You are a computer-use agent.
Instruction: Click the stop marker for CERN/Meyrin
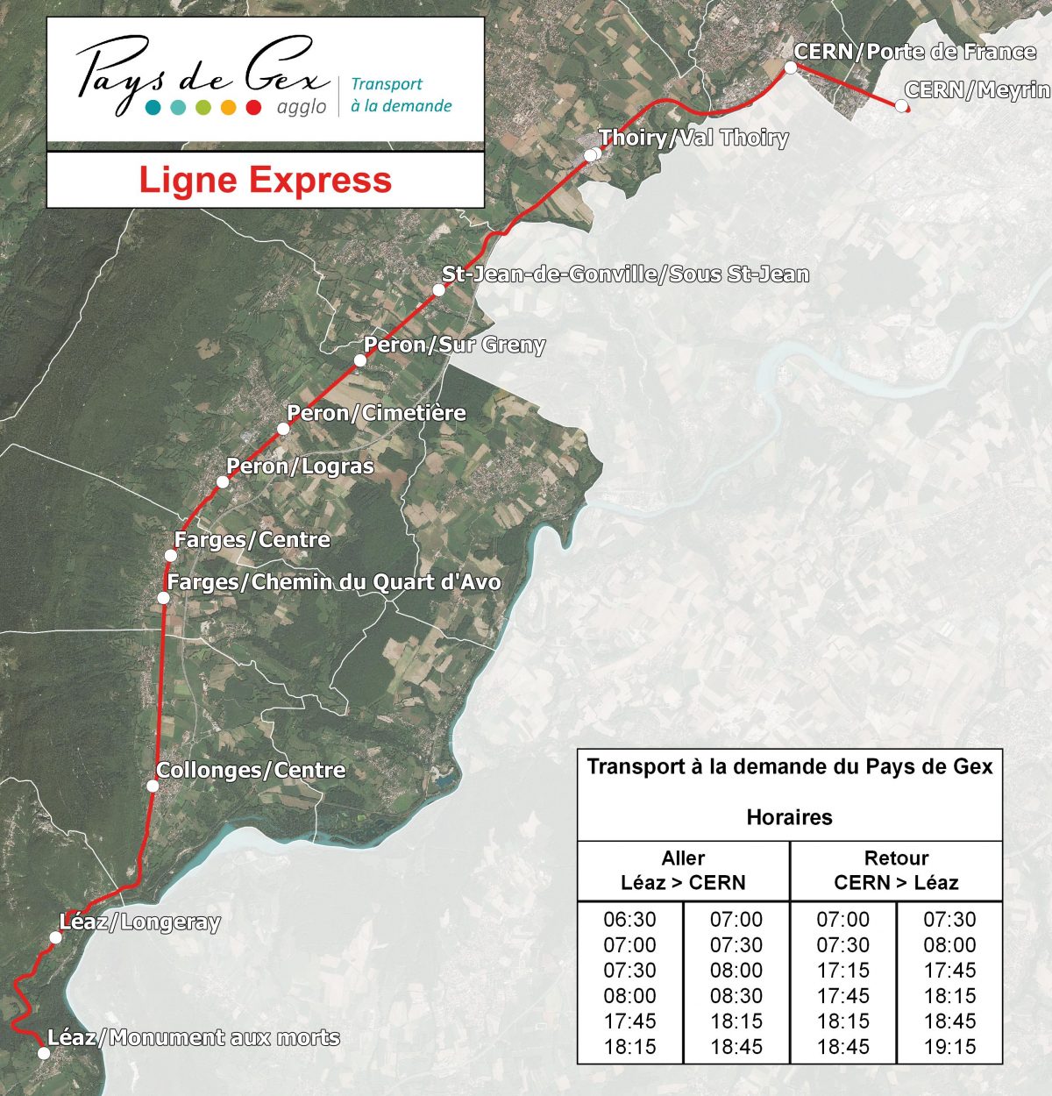[x=901, y=105]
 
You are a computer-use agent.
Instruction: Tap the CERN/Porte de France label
[x=914, y=52]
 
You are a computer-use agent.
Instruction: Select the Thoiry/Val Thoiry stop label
[x=693, y=138]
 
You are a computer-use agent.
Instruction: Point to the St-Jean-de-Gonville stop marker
[x=439, y=290]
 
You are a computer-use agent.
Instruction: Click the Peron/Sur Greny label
[x=454, y=345]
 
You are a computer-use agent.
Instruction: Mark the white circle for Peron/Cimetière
[x=283, y=429]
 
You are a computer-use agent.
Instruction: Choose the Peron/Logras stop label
[x=300, y=466]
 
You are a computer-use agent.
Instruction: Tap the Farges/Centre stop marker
[x=171, y=556]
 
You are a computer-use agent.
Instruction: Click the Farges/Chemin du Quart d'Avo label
[x=334, y=582]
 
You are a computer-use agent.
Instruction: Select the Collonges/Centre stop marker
[x=153, y=786]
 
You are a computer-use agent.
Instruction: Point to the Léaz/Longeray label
[x=139, y=922]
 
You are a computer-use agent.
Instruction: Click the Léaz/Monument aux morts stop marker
[x=44, y=1053]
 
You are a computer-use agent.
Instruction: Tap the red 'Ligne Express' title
[x=266, y=180]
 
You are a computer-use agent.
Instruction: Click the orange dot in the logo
[x=229, y=108]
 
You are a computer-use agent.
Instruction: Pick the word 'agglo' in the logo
[x=302, y=107]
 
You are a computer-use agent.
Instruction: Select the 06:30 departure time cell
[x=629, y=920]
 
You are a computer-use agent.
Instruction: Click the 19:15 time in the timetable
[x=949, y=1047]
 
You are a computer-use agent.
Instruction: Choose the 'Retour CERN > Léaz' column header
[x=896, y=871]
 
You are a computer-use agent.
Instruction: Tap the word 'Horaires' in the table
[x=789, y=817]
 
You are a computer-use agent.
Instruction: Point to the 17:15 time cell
[x=843, y=971]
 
